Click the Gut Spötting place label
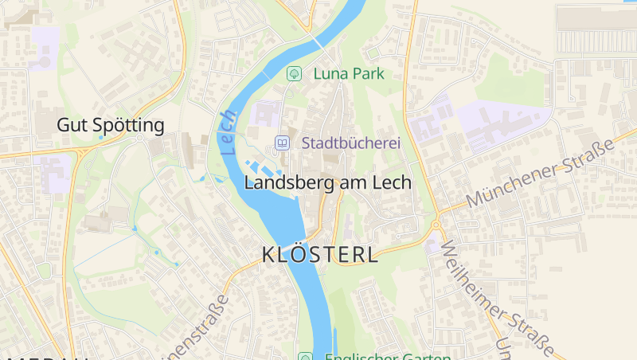point(111,125)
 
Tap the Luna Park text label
point(349,73)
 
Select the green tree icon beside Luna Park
point(294,73)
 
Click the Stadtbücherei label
point(350,143)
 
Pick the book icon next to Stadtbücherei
point(281,143)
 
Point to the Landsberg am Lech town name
point(327,182)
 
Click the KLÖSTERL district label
point(320,256)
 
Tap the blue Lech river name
point(229,132)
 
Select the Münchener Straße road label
point(541,172)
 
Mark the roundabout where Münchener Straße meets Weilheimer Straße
point(436,225)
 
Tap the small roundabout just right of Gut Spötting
point(140,138)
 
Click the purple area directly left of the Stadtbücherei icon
point(262,115)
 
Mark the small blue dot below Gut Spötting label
point(100,138)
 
